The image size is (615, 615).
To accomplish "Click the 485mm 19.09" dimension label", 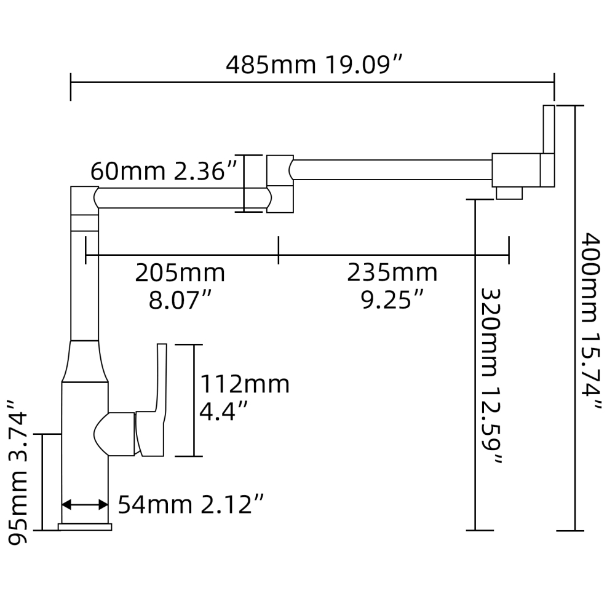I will [x=314, y=65].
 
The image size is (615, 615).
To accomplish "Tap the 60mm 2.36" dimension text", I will [x=164, y=172].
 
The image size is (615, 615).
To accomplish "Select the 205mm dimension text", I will [x=180, y=272].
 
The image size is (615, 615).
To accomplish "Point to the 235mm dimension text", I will [x=392, y=272].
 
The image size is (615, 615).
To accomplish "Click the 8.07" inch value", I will [x=180, y=301].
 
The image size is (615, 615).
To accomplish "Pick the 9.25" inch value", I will [x=392, y=301].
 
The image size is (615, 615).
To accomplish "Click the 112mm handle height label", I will [x=244, y=385].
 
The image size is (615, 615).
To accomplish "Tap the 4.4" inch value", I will [x=224, y=410].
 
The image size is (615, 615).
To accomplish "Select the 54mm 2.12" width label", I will [x=191, y=505].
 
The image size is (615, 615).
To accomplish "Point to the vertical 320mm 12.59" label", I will [x=491, y=375].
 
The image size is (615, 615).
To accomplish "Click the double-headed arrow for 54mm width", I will [x=85, y=505].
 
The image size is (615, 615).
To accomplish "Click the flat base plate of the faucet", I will [x=85, y=527].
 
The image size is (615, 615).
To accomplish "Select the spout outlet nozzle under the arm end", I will [x=509, y=194].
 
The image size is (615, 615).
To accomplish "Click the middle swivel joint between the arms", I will [x=280, y=183].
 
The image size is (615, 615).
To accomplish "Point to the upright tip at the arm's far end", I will [x=549, y=129].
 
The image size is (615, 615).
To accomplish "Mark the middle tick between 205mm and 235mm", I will [x=279, y=250].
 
